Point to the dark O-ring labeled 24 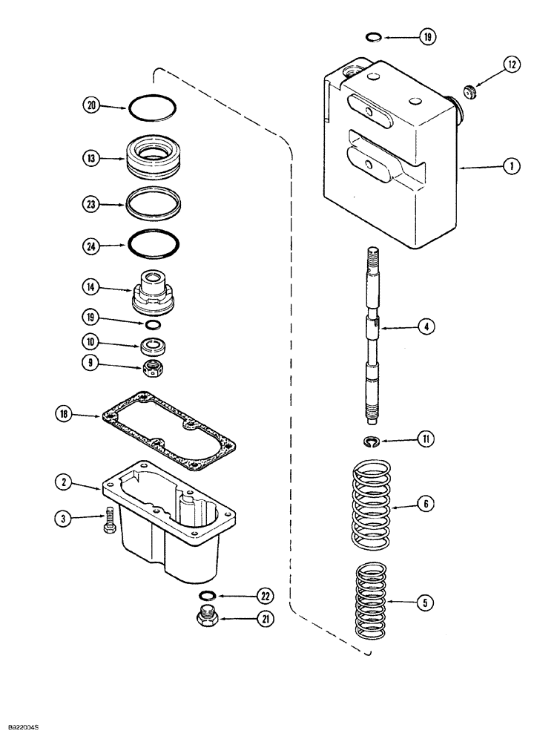point(153,243)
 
